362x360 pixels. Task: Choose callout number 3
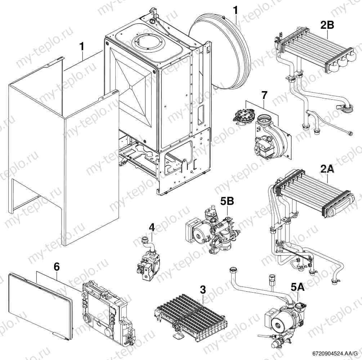coord(203,289)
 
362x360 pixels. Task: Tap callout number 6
coord(57,267)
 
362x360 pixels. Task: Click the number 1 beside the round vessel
coord(236,10)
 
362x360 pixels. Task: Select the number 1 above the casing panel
coord(82,47)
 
